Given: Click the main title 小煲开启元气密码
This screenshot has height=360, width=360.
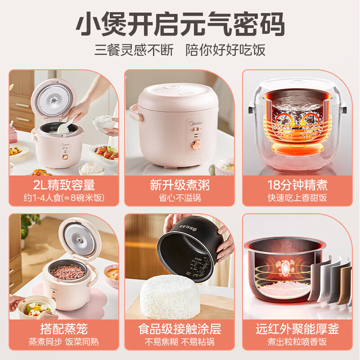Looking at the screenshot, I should pyautogui.click(x=180, y=25).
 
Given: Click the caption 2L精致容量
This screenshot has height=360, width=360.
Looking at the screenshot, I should pyautogui.click(x=64, y=185).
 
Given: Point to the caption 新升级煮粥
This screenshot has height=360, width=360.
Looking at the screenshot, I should pyautogui.click(x=180, y=185).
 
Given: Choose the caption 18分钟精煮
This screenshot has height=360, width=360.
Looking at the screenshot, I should pyautogui.click(x=297, y=185).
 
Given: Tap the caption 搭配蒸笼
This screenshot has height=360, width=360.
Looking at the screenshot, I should pyautogui.click(x=64, y=329).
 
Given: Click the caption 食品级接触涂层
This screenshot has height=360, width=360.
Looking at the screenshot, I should pyautogui.click(x=180, y=329).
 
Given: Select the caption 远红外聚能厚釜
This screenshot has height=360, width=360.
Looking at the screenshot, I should pyautogui.click(x=297, y=329).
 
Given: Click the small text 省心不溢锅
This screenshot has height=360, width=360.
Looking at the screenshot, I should pyautogui.click(x=180, y=198).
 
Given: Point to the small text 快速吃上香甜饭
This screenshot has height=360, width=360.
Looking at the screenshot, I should pyautogui.click(x=297, y=198).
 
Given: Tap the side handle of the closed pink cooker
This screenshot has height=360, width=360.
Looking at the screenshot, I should pyautogui.click(x=134, y=112).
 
